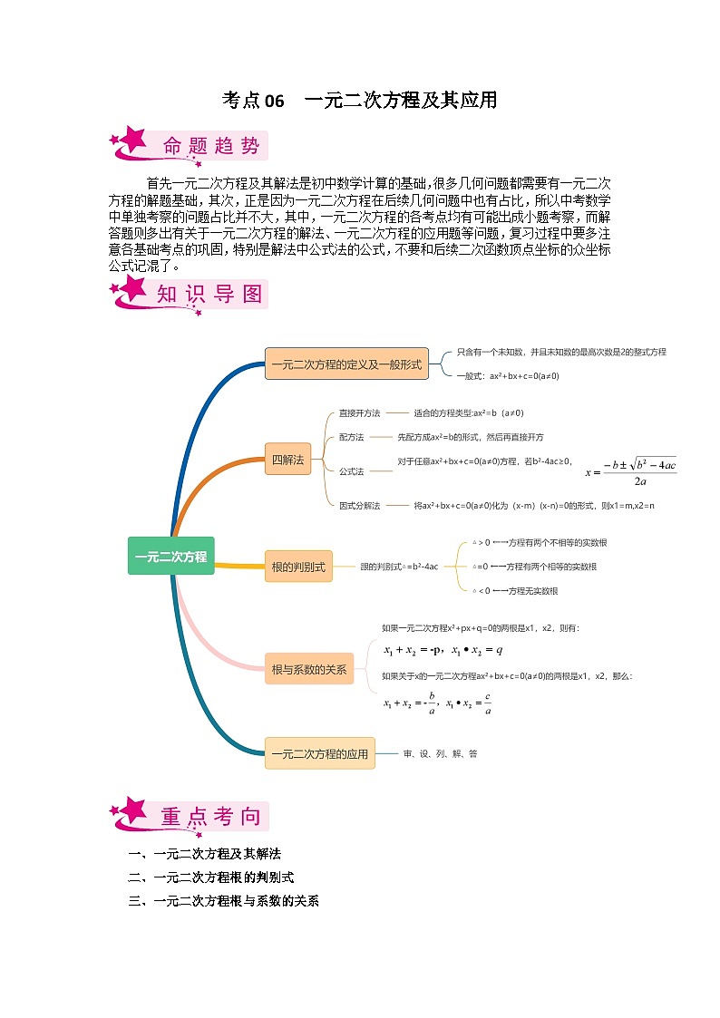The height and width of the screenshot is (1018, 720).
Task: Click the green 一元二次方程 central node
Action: (x=170, y=556)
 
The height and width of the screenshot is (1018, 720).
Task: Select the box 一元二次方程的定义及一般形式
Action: (x=346, y=364)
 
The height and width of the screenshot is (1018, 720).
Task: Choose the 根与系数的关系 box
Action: (x=309, y=669)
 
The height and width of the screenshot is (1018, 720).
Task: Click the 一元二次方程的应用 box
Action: (x=319, y=753)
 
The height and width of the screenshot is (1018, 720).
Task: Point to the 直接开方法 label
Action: (x=359, y=412)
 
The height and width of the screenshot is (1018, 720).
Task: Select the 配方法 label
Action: (x=351, y=437)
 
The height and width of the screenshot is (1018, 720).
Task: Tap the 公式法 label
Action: (x=351, y=471)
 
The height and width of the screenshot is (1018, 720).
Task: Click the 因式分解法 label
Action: (x=359, y=505)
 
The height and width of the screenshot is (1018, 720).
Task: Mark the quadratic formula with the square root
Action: (x=631, y=471)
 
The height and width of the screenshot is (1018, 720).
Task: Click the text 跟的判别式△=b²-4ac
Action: (x=399, y=567)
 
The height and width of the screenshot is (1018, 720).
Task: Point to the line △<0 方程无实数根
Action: (x=515, y=591)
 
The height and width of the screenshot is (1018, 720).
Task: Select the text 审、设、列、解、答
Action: (x=441, y=753)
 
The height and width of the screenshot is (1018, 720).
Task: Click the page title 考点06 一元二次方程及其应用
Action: (x=360, y=100)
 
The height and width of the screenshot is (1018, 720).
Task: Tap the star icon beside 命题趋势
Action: (x=131, y=141)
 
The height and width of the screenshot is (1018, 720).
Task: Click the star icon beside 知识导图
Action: (x=131, y=291)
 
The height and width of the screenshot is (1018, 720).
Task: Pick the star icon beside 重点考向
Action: (x=131, y=813)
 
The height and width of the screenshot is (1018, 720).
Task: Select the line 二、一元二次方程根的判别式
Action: (x=211, y=877)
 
